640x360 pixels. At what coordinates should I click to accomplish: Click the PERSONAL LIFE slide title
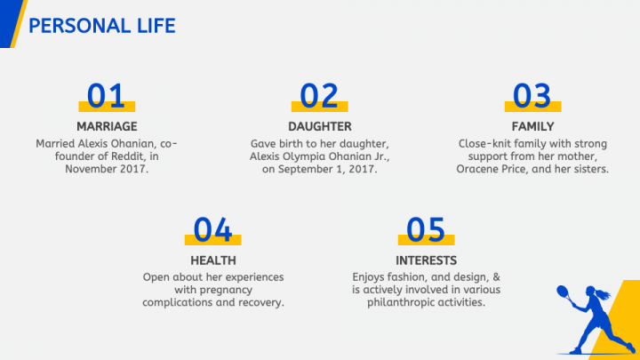pyautogui.click(x=102, y=26)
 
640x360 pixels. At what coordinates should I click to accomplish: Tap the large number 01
pyautogui.click(x=106, y=95)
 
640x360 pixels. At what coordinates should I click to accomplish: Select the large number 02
pyautogui.click(x=319, y=95)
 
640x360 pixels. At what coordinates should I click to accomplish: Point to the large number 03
pyautogui.click(x=532, y=95)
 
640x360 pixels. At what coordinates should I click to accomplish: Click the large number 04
pyautogui.click(x=212, y=229)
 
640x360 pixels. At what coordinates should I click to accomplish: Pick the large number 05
pyautogui.click(x=426, y=229)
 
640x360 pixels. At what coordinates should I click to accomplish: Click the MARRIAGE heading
pyautogui.click(x=107, y=126)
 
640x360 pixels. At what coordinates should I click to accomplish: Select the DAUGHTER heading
pyautogui.click(x=320, y=126)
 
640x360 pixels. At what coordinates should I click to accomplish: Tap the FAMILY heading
pyautogui.click(x=532, y=126)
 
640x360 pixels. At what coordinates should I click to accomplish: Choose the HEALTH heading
pyautogui.click(x=213, y=260)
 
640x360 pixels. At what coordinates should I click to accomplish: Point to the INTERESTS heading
pyautogui.click(x=426, y=260)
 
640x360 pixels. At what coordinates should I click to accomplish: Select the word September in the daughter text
pyautogui.click(x=305, y=169)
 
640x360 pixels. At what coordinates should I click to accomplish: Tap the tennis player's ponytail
pyautogui.click(x=604, y=294)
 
